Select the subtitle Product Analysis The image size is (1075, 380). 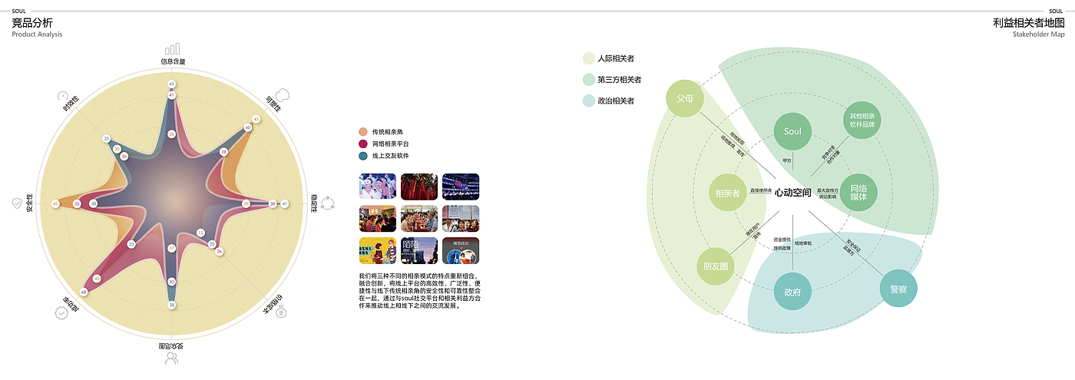pos(37,35)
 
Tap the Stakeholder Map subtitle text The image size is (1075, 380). pos(1039,35)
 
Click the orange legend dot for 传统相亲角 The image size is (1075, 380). pos(362,132)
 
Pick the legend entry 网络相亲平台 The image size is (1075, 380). pos(390,144)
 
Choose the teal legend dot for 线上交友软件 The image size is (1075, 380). pos(362,156)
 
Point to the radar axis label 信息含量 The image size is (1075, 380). pos(172,61)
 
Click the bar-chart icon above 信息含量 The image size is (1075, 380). pos(173,48)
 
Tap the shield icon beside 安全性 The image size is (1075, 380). pos(17,203)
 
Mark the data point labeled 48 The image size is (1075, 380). pos(84,292)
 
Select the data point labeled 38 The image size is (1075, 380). pos(171,305)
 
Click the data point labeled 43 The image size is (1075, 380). pos(171,84)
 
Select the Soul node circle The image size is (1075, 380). pos(792,131)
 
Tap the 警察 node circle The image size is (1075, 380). pos(898,289)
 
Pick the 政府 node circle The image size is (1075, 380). pos(792,292)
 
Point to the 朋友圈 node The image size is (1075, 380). pos(716,266)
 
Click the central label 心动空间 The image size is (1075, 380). pos(792,193)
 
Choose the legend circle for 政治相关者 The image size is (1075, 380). pos(589,101)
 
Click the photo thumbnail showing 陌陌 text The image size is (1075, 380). pos(418,250)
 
